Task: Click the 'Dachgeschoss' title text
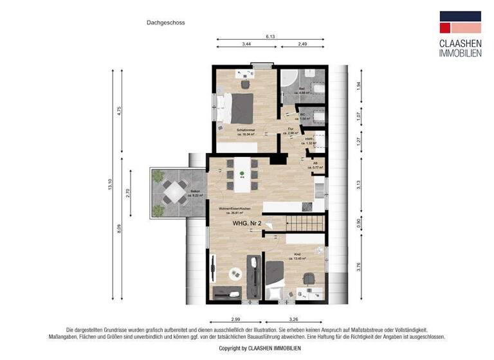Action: [x=165, y=22]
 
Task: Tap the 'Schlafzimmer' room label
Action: [x=246, y=130]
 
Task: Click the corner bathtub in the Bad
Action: [x=289, y=82]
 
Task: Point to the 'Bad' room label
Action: [x=302, y=89]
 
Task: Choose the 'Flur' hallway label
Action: [x=292, y=130]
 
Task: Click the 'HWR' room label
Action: [x=309, y=139]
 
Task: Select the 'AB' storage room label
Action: [x=315, y=164]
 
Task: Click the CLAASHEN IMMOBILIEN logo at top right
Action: [x=459, y=35]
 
